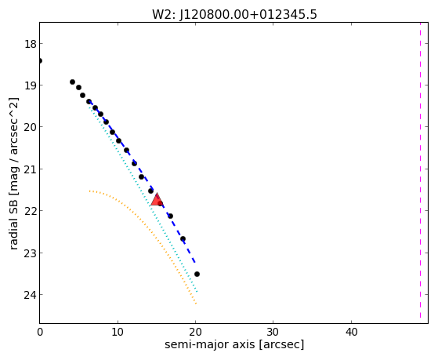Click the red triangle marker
click(x=157, y=200)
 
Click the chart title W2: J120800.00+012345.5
click(x=234, y=15)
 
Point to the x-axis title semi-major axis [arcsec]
click(x=234, y=344)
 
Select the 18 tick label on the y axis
click(x=31, y=44)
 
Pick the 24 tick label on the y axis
click(x=31, y=295)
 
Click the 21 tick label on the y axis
click(x=31, y=169)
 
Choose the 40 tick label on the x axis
click(x=351, y=332)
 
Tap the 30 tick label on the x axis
click(x=273, y=332)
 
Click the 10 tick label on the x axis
click(x=118, y=332)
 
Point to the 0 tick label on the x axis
click(x=40, y=332)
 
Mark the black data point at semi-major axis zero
click(x=40, y=60)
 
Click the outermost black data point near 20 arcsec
click(x=197, y=275)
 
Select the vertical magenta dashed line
click(x=420, y=170)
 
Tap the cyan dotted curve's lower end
click(x=197, y=292)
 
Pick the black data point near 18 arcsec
click(x=183, y=239)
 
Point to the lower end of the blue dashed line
click(x=195, y=263)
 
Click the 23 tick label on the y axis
click(x=31, y=253)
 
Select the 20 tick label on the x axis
click(x=195, y=332)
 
